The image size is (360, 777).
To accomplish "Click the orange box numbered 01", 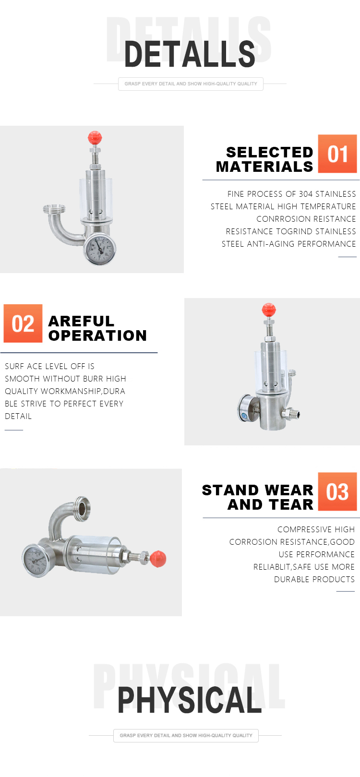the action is [337, 154].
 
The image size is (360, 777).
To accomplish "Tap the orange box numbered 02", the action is [23, 323].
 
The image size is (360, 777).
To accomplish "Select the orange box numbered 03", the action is [337, 491].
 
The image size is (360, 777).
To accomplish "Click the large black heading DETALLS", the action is [190, 54].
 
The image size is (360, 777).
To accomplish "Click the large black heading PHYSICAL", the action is [190, 700].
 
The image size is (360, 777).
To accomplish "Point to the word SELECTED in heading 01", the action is [269, 152].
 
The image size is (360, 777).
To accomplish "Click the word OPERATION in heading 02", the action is [97, 335].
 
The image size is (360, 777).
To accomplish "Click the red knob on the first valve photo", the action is [95, 138].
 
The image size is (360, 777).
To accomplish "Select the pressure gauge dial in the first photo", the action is [100, 249].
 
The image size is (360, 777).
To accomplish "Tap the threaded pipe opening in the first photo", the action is [54, 209].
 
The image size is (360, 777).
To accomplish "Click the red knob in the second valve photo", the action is [269, 310].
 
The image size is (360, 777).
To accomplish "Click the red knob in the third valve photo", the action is [158, 559].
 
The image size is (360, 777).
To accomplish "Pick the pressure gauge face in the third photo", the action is [35, 561].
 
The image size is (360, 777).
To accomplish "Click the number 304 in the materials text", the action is [306, 194].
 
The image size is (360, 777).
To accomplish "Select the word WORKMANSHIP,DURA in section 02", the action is [83, 391].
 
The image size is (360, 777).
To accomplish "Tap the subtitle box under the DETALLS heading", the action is [191, 84].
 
